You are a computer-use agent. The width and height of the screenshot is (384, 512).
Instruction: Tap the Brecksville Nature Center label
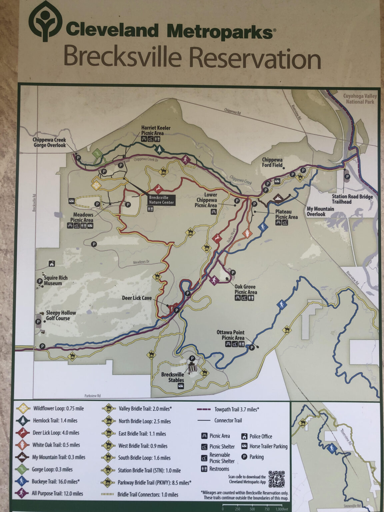pos(162,200)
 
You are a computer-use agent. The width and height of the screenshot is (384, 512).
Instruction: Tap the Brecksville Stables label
pos(172,377)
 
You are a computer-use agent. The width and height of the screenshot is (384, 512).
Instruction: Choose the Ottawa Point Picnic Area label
pos(230,335)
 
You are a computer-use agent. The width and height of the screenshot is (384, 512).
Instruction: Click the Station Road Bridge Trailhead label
pos(352,199)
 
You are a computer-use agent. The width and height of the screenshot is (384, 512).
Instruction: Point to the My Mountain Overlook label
pos(320,211)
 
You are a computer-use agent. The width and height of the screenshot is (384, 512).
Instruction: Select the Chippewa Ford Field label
pos(272,162)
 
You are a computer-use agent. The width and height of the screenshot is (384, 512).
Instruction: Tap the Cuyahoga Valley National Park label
pos(360,99)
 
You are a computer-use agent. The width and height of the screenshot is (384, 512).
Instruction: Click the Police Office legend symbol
pos(244,436)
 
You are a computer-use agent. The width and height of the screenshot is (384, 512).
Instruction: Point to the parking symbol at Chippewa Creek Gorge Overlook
pos(78,157)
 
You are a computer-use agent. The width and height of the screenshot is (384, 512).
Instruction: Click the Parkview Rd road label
pos(93,396)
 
